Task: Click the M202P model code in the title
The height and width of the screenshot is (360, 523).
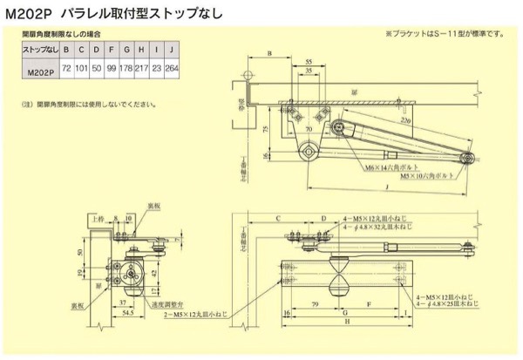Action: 29,14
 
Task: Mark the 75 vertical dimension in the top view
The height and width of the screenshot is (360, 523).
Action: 262,128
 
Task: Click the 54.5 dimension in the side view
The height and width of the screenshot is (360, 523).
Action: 126,311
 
